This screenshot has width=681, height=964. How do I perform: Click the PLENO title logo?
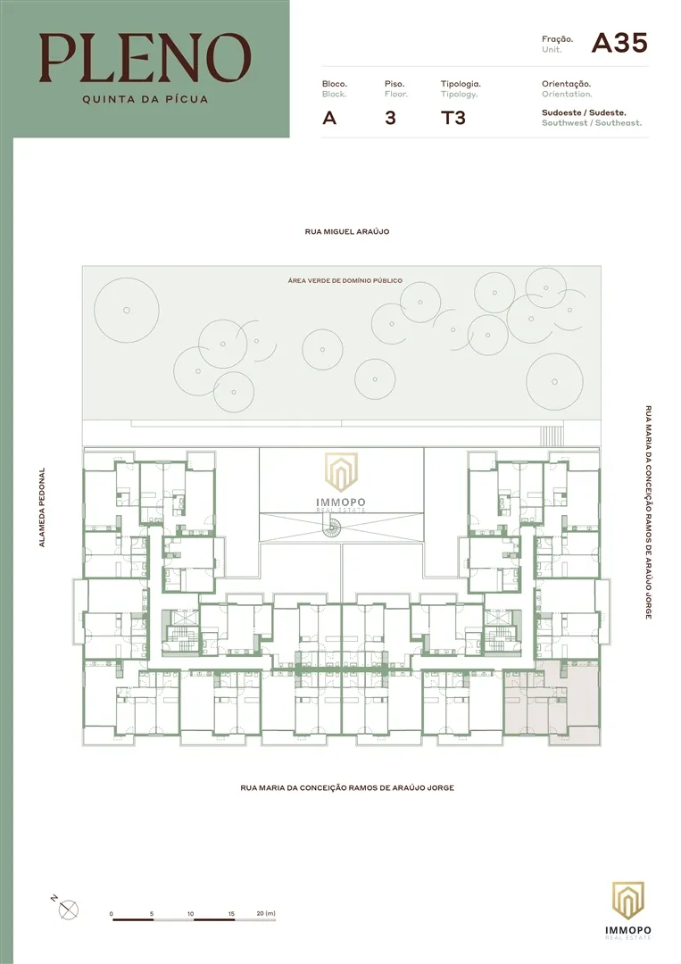pos(145,58)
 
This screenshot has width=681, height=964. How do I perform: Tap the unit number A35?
pos(619,43)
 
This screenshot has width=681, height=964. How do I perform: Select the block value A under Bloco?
pos(329,118)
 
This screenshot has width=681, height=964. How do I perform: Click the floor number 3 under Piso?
pos(390,118)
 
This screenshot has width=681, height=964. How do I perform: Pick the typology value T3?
pos(453,118)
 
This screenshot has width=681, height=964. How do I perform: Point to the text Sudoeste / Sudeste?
pos(584,112)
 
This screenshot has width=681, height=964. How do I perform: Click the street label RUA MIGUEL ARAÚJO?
pos(347,232)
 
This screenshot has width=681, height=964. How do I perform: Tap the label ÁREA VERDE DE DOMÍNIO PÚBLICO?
pos(345,280)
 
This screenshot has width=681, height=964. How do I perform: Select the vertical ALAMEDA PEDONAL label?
pos(42,507)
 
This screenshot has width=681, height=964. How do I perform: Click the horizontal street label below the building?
pos(347,787)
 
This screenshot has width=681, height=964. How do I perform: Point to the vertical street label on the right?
pos(649,512)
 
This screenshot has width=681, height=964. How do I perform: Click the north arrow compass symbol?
pos(68,909)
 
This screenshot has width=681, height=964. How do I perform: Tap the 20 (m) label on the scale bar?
pos(266,914)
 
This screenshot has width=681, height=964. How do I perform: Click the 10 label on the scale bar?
pos(190,914)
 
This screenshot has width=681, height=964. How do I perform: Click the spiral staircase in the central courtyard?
pos(333,527)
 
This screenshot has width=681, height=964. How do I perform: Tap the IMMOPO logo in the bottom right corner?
pos(627,910)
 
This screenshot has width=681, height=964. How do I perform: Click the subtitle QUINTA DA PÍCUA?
pos(145,99)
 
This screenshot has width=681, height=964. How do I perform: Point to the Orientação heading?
pos(566,84)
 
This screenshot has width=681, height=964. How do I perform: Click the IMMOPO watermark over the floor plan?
pos(341,482)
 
